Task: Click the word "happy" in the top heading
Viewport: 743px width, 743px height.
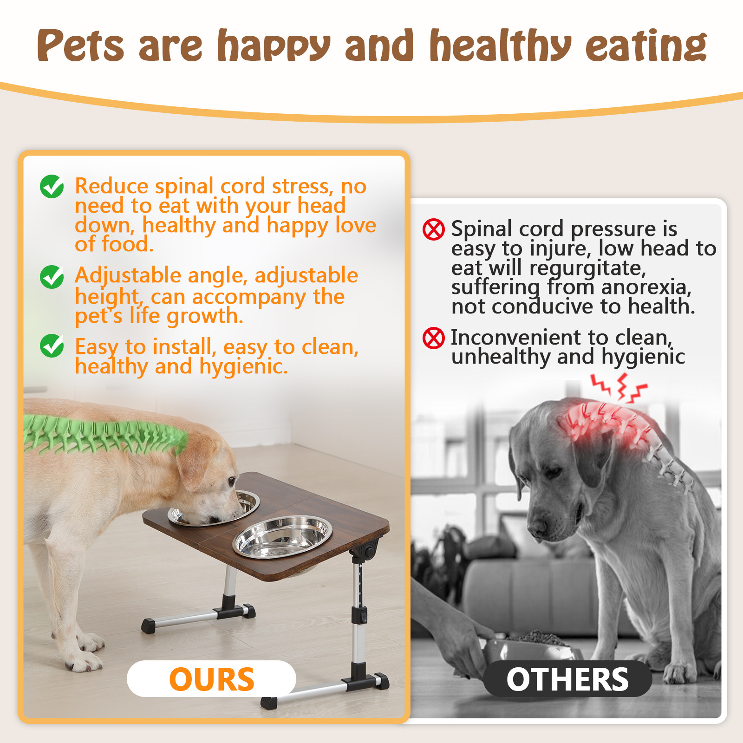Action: (x=274, y=46)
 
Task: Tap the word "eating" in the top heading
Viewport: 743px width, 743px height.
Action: (x=646, y=46)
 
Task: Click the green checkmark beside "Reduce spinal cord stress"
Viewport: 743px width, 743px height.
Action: (x=52, y=187)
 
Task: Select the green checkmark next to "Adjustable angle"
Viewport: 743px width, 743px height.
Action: (x=52, y=277)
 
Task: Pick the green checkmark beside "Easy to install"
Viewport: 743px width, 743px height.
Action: (x=52, y=345)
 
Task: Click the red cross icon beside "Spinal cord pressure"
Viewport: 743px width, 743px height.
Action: (x=434, y=229)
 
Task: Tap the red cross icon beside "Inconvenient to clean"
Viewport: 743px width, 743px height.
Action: (x=434, y=338)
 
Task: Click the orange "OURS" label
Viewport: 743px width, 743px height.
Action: (x=212, y=679)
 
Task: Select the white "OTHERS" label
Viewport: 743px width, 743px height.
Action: (x=567, y=679)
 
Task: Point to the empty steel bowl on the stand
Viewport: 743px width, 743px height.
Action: (x=282, y=536)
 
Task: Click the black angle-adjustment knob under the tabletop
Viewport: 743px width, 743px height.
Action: (x=368, y=551)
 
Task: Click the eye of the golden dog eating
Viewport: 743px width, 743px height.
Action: (x=231, y=481)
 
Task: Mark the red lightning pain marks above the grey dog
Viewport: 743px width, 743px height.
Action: (x=619, y=388)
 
